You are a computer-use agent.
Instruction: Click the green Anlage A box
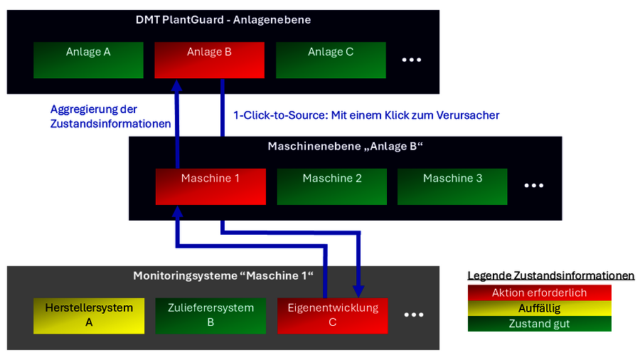point(88,60)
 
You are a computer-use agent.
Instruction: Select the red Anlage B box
point(209,60)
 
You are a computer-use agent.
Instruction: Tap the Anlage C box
point(331,60)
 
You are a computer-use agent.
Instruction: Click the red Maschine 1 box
point(210,186)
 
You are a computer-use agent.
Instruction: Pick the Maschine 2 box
point(332,186)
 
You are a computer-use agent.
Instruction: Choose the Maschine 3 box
point(452,186)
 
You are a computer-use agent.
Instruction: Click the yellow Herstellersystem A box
point(89,316)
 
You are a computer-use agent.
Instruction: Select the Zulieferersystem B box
point(210,316)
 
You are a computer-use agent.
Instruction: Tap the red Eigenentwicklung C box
point(332,316)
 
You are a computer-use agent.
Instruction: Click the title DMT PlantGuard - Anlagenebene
point(223,20)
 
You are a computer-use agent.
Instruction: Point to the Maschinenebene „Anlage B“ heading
point(345,147)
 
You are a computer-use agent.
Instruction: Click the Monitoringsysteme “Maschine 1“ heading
point(223,275)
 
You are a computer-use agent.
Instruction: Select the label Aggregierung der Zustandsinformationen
point(110,116)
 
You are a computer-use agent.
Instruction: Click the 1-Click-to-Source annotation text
point(366,115)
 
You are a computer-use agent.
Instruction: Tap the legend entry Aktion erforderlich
point(539,293)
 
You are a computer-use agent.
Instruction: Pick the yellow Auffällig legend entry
point(539,309)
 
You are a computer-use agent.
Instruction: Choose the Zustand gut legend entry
point(539,324)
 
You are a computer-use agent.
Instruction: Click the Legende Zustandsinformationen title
point(550,276)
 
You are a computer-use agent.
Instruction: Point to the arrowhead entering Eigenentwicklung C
point(358,290)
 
